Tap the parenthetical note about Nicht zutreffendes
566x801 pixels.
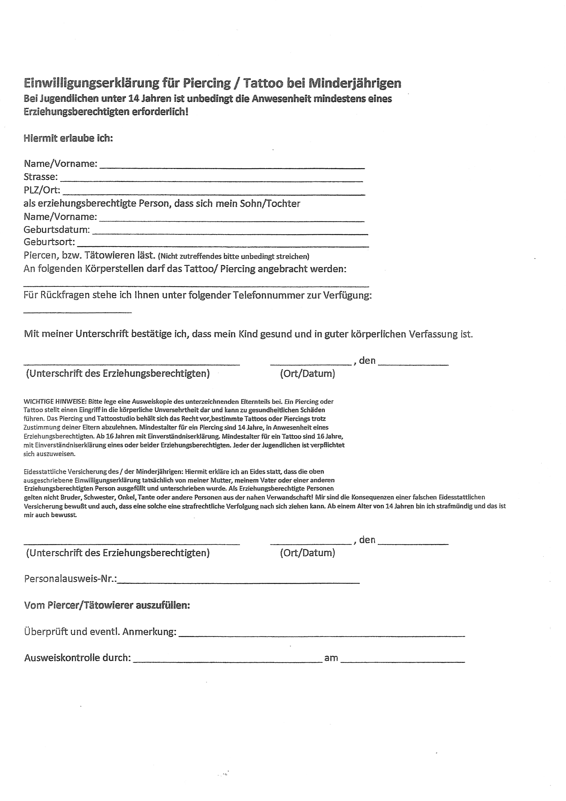tap(233, 256)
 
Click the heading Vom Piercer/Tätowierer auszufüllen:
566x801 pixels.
tap(107, 605)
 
